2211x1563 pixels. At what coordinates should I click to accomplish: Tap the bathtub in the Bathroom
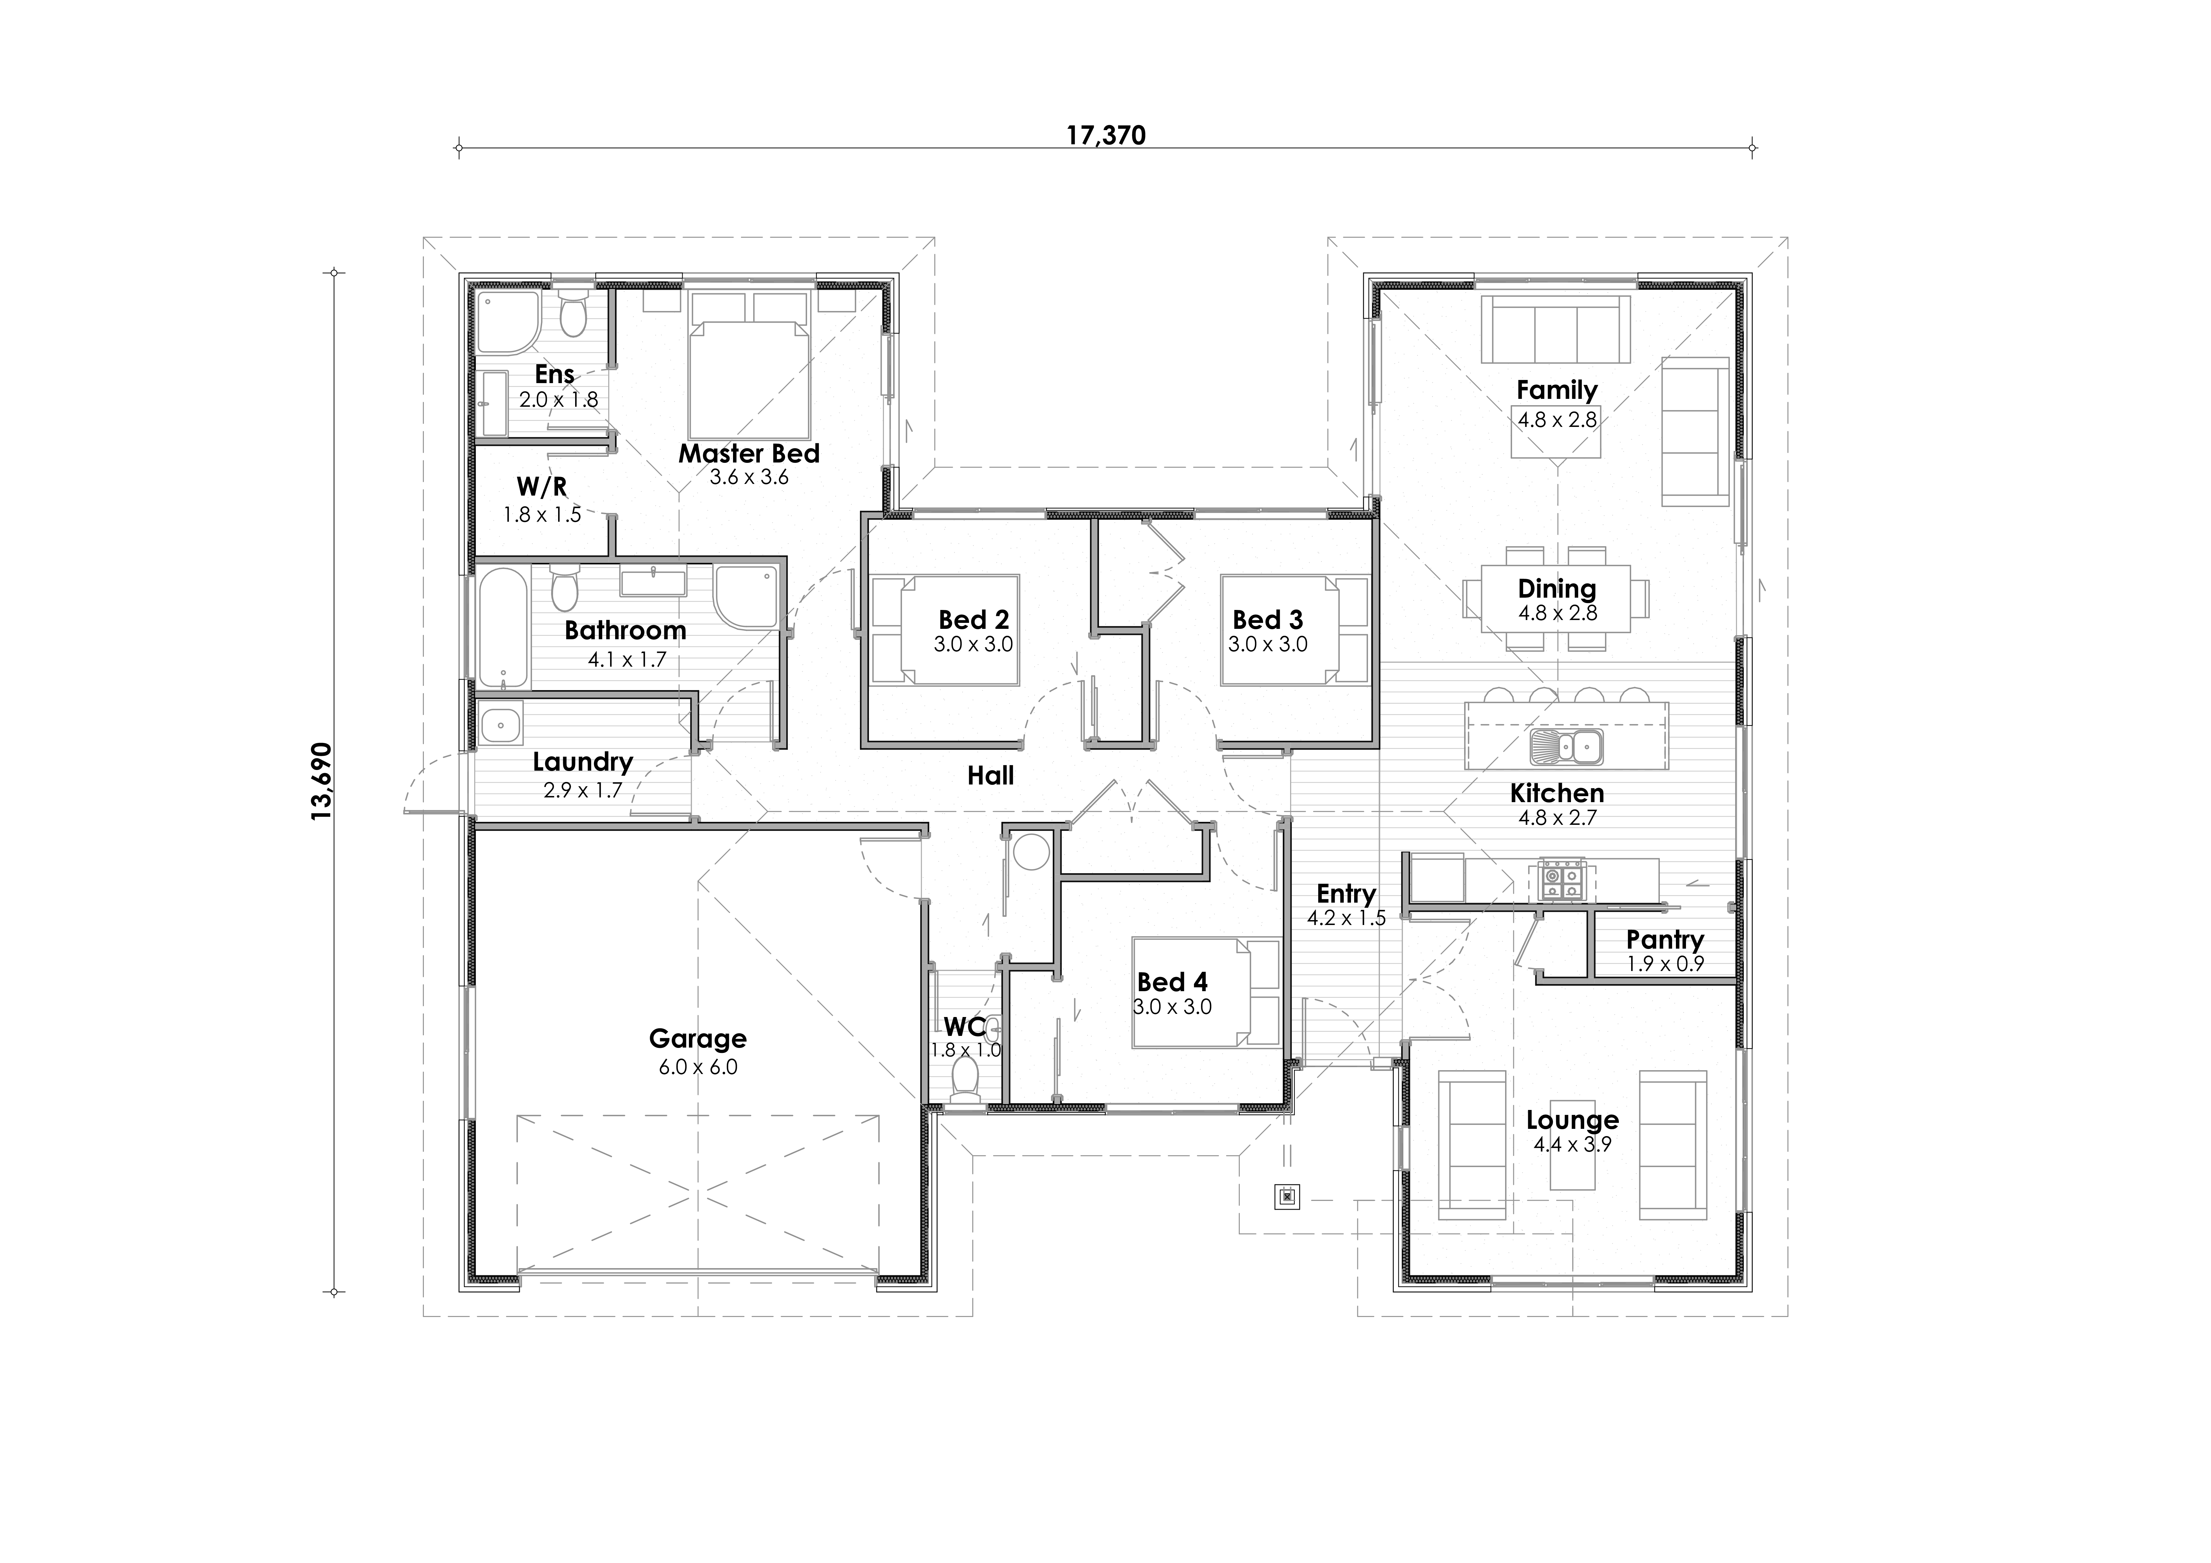click(503, 628)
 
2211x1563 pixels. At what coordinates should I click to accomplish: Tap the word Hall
click(991, 775)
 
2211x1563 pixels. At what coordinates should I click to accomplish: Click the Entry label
click(1346, 894)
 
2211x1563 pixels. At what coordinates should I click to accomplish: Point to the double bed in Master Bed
click(749, 380)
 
